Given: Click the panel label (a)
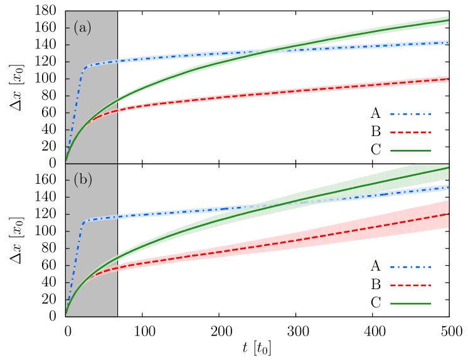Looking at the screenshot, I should coord(82,28).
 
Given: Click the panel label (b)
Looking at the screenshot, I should coord(82,179).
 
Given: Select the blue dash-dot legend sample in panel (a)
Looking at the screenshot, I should coord(410,114).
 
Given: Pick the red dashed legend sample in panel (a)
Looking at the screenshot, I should coord(410,132).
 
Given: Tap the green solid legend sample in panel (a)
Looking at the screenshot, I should coord(410,151).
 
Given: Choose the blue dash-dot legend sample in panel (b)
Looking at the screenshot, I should coord(410,267).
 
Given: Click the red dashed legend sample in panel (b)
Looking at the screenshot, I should coord(410,285).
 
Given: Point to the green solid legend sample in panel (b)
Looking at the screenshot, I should coord(410,304).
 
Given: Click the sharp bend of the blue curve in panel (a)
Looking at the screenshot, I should coord(86,66).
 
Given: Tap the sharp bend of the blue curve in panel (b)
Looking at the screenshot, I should coord(85,221).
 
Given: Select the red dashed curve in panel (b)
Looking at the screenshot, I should coord(251,246).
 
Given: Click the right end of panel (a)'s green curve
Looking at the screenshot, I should coord(448,21).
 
